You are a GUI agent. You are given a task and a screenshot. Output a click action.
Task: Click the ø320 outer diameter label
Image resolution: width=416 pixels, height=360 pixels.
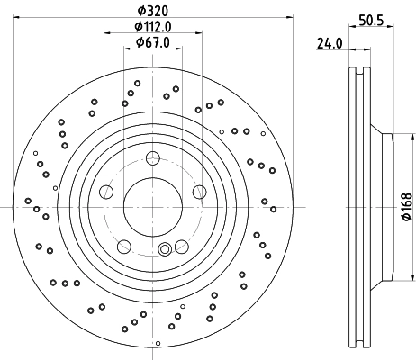click(x=151, y=10)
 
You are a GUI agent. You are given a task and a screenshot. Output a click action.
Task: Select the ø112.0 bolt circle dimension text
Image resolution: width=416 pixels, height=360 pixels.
click(x=151, y=26)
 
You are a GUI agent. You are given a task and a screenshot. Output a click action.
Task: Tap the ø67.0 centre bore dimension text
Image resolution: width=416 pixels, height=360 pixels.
click(x=151, y=41)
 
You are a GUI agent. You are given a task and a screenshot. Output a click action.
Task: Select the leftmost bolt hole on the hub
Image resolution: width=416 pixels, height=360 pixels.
click(x=106, y=191)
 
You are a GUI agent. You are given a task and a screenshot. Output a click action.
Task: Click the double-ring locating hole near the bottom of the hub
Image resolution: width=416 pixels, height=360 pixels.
click(x=164, y=250)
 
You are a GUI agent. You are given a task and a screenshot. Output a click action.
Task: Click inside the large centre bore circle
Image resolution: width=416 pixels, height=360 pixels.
click(x=151, y=206)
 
